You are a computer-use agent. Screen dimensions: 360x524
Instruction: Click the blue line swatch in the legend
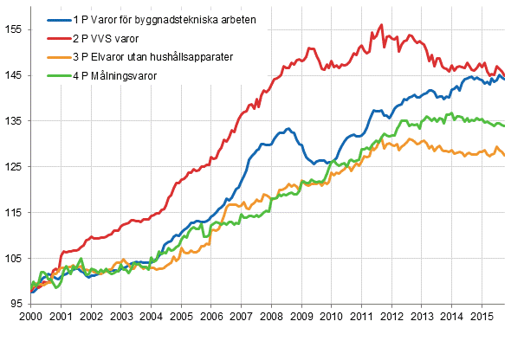coord(55,20)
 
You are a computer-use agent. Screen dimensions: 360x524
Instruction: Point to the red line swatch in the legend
coord(55,39)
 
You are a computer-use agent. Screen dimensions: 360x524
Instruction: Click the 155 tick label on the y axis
coord(14,29)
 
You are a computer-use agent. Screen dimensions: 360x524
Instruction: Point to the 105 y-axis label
coord(14,258)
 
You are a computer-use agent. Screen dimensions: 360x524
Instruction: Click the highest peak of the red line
coord(382,25)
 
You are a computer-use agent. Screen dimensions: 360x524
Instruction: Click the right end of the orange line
coord(505,156)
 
